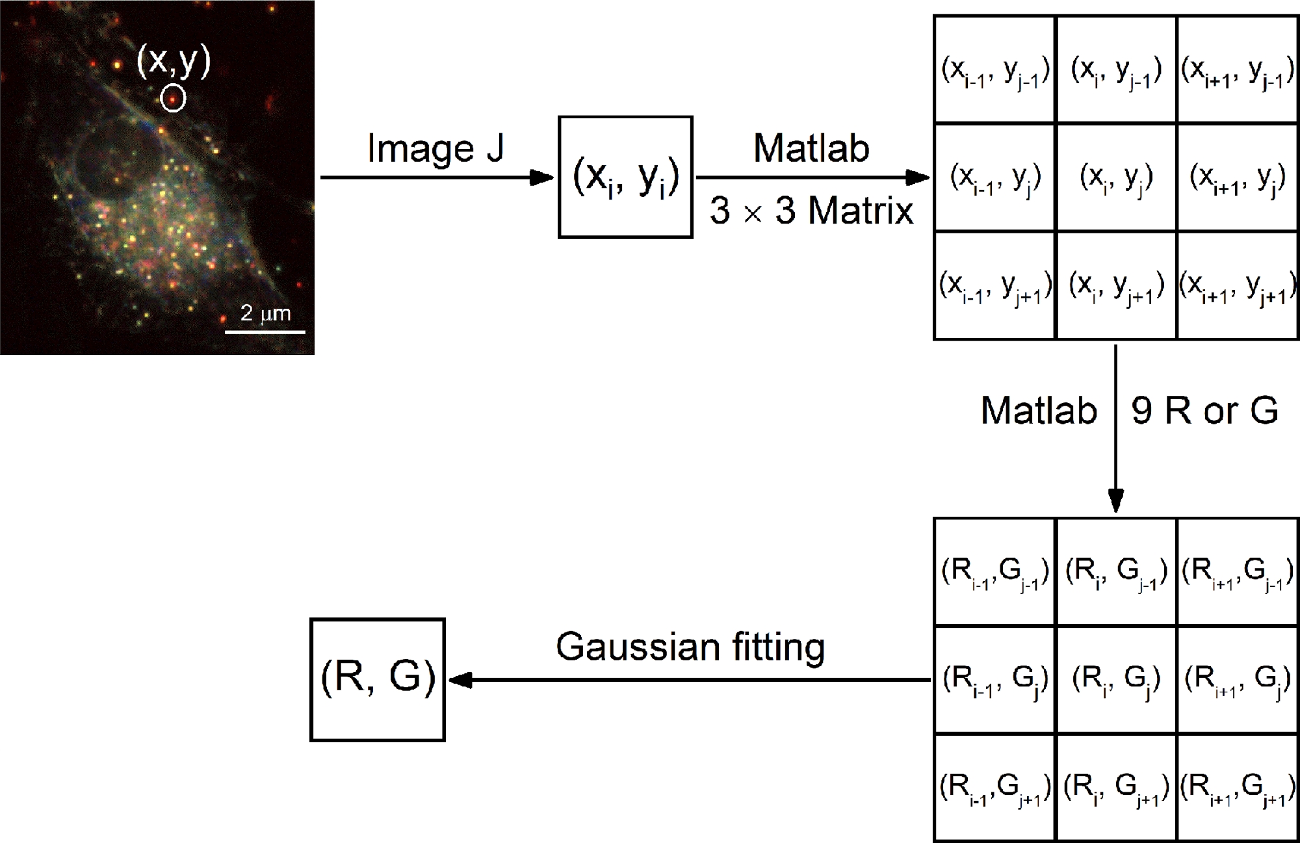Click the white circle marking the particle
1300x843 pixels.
tap(173, 98)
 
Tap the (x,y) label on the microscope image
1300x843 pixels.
tap(174, 60)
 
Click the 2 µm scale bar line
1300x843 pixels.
tap(265, 332)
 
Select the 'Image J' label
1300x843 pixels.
tap(435, 149)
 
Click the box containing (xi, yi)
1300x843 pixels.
tap(625, 177)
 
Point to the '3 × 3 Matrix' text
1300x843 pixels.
tap(811, 211)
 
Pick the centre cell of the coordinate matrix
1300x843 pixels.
tap(1116, 177)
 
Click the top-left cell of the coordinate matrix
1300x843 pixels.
tap(994, 70)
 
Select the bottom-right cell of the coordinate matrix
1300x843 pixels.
tap(1238, 286)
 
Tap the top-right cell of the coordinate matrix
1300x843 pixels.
tap(1238, 70)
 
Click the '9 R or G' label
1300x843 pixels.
tap(1204, 410)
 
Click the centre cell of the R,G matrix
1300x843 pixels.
tap(1116, 680)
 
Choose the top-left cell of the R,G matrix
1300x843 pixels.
tap(994, 572)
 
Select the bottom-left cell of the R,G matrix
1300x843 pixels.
tap(994, 788)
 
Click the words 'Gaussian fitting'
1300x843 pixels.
tap(690, 647)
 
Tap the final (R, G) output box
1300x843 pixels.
tap(378, 679)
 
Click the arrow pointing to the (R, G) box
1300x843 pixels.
tap(689, 680)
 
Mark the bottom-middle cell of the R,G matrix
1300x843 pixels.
tap(1116, 788)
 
